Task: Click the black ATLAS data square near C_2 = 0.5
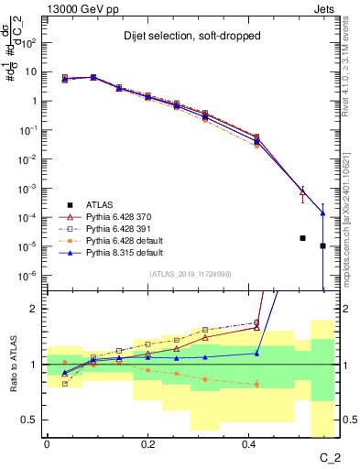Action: coord(302,238)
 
